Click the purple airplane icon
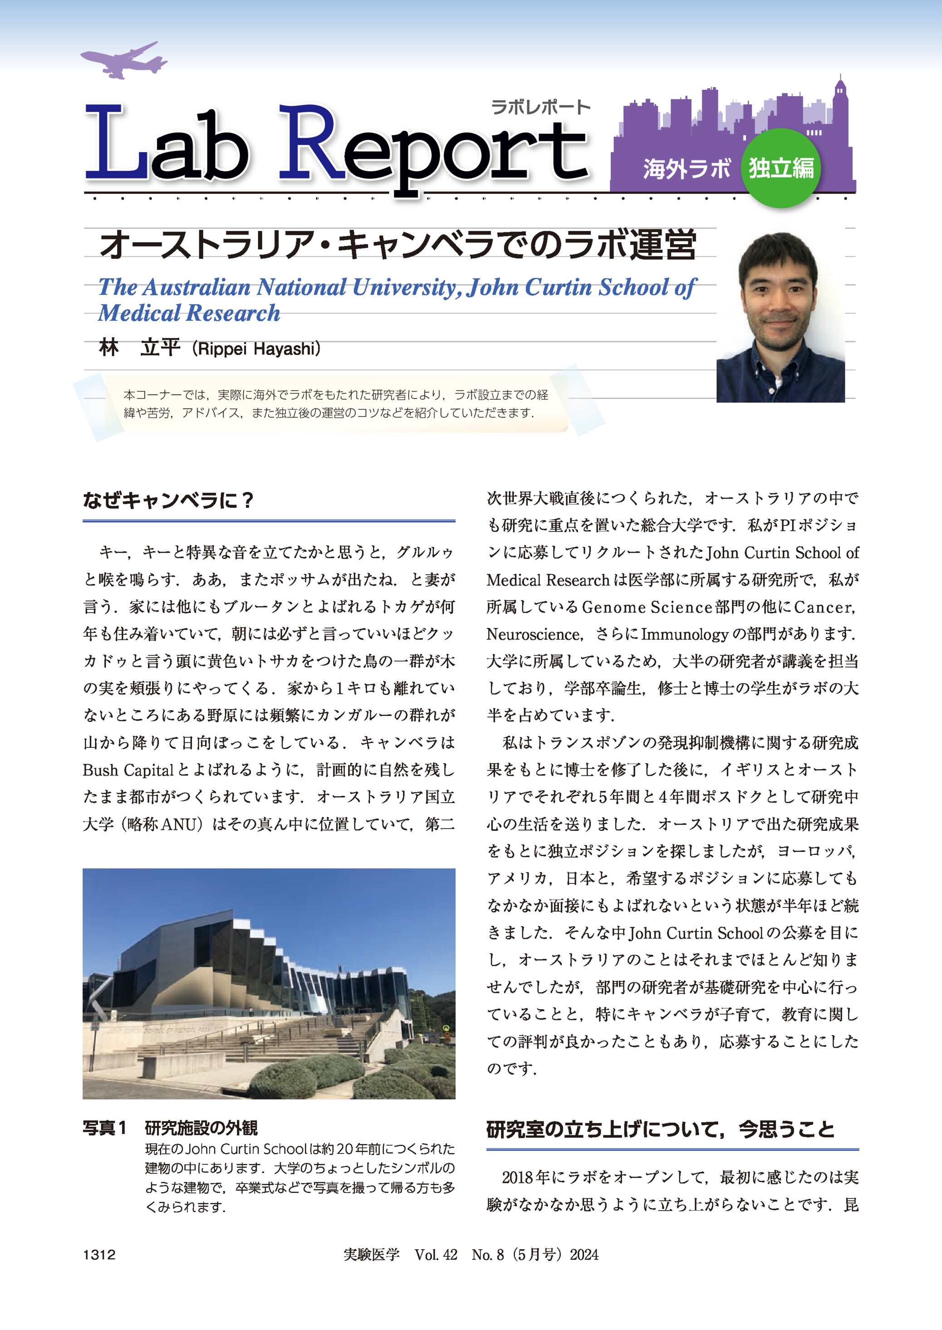[123, 60]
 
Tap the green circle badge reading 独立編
[781, 168]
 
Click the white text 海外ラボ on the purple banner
[686, 169]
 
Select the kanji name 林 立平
[140, 348]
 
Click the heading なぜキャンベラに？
[169, 500]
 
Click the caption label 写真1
[104, 1128]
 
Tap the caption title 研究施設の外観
[201, 1128]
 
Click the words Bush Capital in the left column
[128, 771]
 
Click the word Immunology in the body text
[684, 634]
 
